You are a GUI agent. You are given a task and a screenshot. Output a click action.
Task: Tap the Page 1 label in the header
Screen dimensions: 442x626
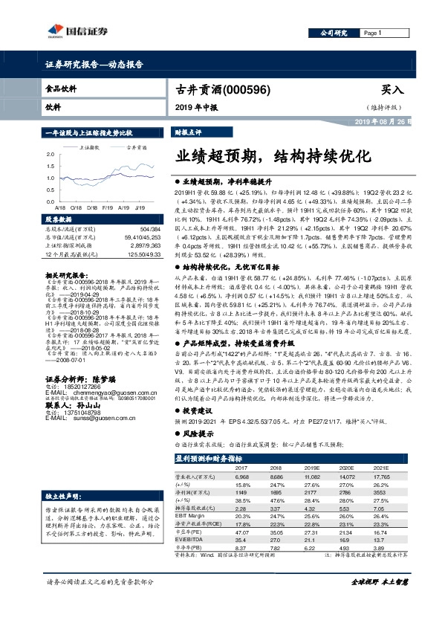tap(372, 33)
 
